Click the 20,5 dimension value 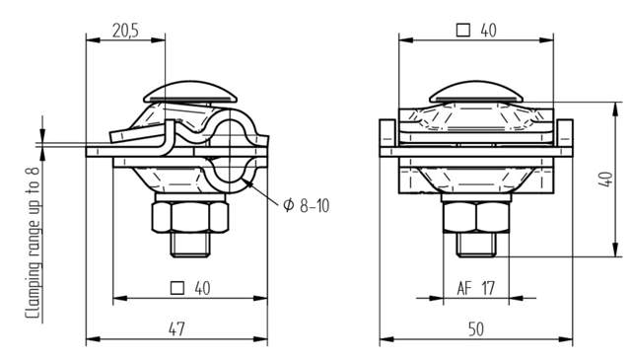coord(125,31)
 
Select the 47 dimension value coord(176,329)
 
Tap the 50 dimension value coord(476,329)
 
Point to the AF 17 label coord(475,288)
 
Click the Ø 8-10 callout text coord(307,205)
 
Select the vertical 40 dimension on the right coord(606,180)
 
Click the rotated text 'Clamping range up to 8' coord(33,244)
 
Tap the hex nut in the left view coord(190,217)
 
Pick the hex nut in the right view coord(476,217)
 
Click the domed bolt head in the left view coord(190,92)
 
